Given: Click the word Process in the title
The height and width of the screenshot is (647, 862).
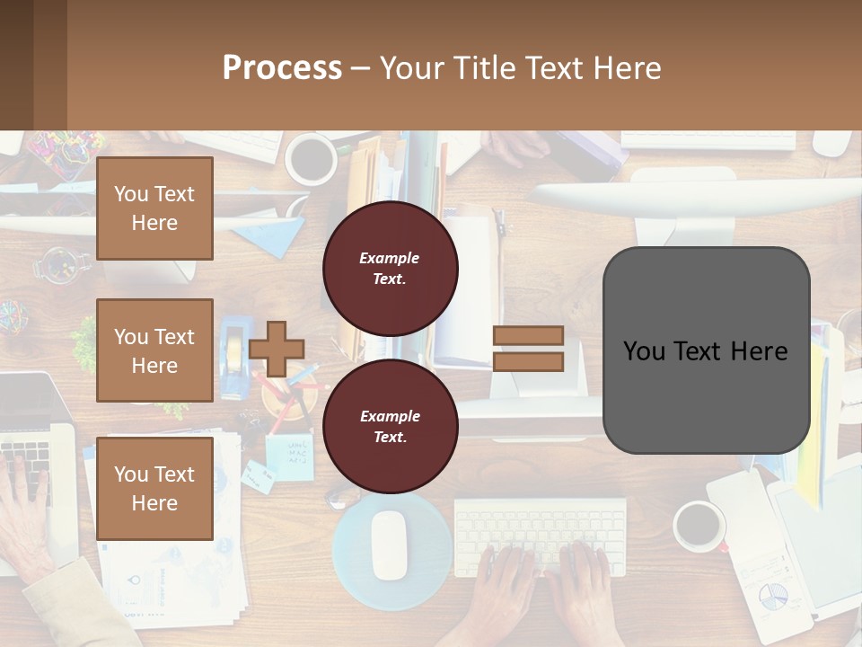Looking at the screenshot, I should (282, 67).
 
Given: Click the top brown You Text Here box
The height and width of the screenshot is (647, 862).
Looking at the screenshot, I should (154, 208).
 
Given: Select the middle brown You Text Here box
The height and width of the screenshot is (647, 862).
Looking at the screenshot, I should (154, 350).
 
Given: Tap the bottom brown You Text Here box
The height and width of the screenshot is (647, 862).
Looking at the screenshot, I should (154, 488).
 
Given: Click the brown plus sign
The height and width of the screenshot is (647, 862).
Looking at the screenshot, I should (277, 349).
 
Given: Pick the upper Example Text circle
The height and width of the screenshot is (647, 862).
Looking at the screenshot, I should (390, 268).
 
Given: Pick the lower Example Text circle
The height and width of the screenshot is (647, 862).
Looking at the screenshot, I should (390, 426).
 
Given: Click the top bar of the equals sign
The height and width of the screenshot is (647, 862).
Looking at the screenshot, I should (528, 335).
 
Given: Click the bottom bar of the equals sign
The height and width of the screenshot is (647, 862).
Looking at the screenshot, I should (528, 361).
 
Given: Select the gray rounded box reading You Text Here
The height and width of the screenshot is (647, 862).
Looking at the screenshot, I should (706, 350).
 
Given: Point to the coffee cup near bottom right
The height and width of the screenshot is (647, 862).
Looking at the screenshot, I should (699, 527).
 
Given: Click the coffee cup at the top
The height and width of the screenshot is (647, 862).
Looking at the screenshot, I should (311, 159).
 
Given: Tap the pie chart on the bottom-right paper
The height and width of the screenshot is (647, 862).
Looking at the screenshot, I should (772, 594).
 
